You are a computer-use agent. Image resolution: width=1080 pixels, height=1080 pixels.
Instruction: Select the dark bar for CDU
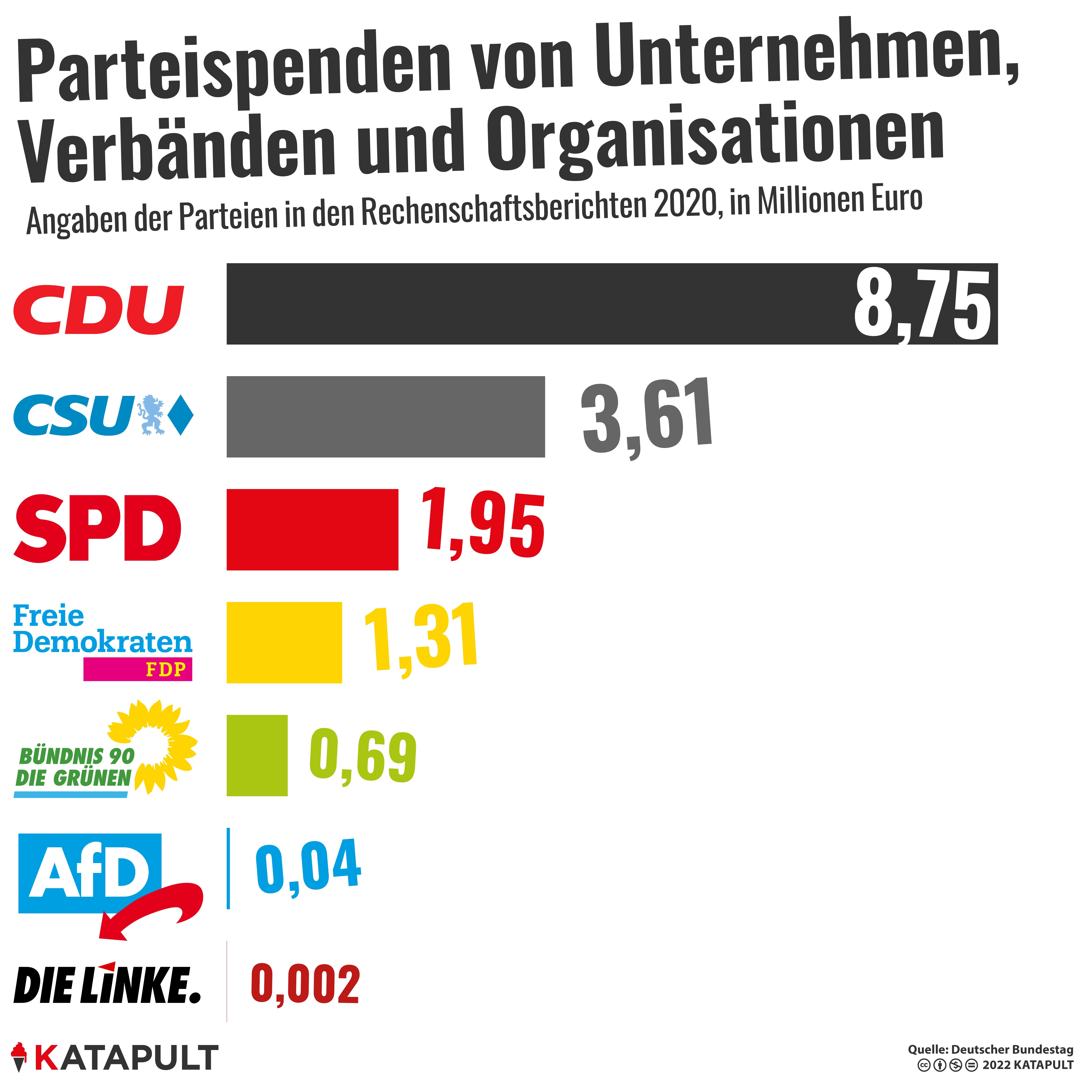click(537, 304)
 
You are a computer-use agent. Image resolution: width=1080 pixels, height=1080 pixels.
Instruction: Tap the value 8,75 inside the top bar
click(922, 306)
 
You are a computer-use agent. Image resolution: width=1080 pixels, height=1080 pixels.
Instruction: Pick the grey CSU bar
click(386, 416)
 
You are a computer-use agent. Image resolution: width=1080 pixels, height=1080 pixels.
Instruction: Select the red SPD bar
click(312, 529)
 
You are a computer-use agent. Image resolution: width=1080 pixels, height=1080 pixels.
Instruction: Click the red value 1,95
click(484, 526)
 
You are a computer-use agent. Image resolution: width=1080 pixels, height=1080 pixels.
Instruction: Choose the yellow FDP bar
click(284, 642)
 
